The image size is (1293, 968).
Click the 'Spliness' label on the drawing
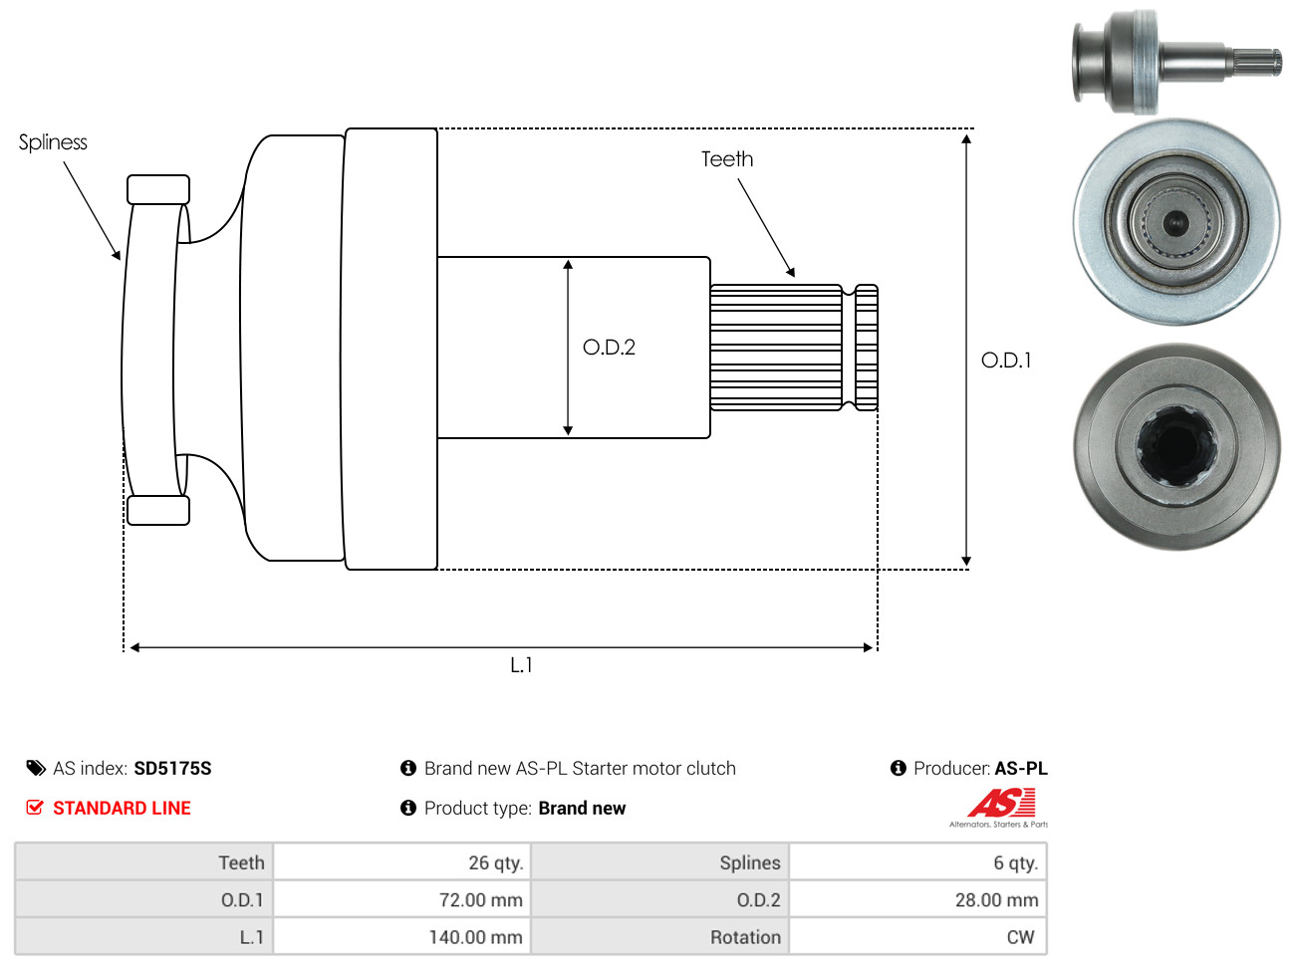(x=53, y=142)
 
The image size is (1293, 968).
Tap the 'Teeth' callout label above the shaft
(x=726, y=159)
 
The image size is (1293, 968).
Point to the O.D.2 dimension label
(x=609, y=348)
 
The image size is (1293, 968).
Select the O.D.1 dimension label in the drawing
(x=1005, y=360)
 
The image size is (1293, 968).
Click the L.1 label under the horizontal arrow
(x=521, y=665)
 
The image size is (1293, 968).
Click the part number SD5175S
(x=172, y=768)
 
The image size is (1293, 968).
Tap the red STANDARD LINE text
(x=122, y=808)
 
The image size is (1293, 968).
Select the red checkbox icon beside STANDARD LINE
(x=35, y=808)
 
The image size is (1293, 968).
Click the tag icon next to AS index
(x=35, y=768)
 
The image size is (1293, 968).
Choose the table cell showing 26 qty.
(x=401, y=862)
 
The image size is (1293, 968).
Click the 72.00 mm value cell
(x=401, y=899)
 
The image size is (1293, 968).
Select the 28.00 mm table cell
(x=917, y=899)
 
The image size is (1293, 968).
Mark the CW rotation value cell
(x=917, y=936)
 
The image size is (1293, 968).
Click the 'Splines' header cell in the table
(x=659, y=862)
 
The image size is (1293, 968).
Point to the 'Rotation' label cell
(x=659, y=936)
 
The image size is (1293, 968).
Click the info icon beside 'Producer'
(x=898, y=768)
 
